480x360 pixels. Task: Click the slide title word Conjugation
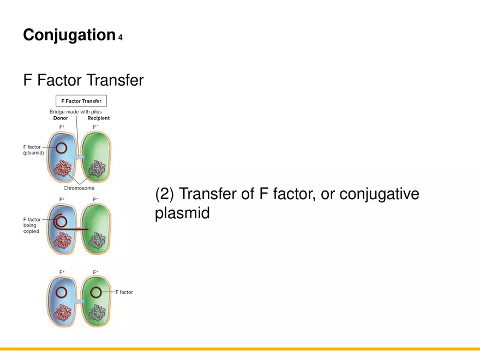tap(69, 35)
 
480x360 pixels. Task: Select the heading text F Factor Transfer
tap(83, 81)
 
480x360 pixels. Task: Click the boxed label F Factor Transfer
tap(81, 101)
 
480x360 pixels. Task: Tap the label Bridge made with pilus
tap(75, 112)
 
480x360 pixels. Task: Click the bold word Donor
tap(61, 118)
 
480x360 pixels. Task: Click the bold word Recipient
tap(98, 118)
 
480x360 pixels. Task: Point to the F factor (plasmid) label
tap(33, 150)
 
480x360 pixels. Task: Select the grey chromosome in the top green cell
tap(98, 167)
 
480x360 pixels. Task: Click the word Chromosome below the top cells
tap(79, 188)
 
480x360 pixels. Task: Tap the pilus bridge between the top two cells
tap(80, 158)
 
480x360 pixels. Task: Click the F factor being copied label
tap(32, 225)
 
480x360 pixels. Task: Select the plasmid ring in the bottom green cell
tap(96, 292)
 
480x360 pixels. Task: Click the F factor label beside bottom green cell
tap(124, 292)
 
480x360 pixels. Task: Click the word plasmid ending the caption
tap(182, 213)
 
